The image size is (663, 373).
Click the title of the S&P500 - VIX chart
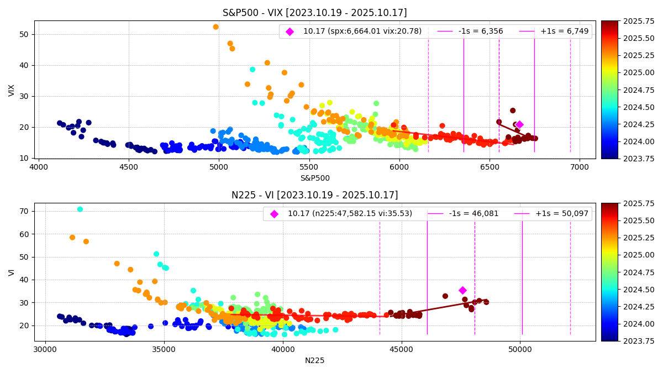coord(314,13)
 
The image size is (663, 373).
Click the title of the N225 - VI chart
coord(314,195)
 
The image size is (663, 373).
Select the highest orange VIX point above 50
coord(215,27)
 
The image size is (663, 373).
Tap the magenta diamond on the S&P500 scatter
coord(519,124)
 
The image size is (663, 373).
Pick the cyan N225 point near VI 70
coord(80,209)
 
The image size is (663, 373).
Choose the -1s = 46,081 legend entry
coord(478,214)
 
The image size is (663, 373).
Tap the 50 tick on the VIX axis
coord(25,34)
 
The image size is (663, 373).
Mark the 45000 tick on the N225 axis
coord(402,349)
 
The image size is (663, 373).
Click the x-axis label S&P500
coord(314,178)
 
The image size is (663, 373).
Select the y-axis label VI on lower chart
coord(12,272)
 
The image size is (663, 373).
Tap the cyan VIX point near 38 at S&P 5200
coord(252,70)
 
